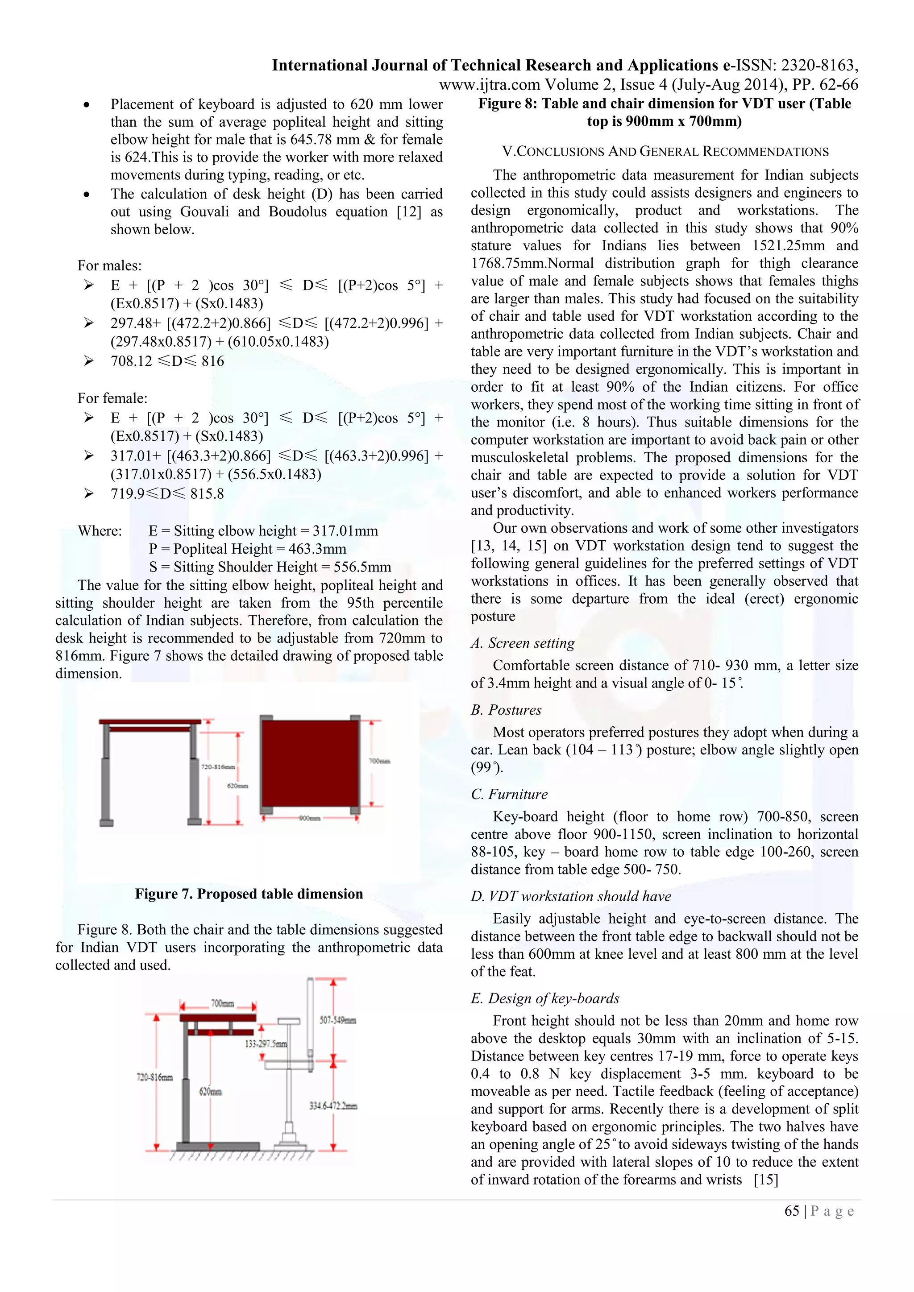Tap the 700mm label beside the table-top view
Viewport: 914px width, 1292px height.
(379, 761)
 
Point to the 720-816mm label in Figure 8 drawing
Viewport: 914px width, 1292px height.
(155, 1077)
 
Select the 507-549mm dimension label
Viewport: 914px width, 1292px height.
(338, 1020)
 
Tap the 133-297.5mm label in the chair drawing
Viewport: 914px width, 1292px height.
(266, 1044)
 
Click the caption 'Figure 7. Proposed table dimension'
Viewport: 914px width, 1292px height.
(249, 894)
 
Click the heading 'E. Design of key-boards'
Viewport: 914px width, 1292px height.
(545, 998)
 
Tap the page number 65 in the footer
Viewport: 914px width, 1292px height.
(792, 1211)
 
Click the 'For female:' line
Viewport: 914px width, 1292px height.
(112, 398)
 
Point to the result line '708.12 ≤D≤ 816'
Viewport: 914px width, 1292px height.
(167, 361)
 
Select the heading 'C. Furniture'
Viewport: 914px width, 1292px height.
(509, 794)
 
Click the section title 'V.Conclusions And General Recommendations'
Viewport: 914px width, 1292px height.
(665, 151)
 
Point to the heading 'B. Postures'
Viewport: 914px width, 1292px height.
(506, 710)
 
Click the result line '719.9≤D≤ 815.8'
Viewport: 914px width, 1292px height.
(167, 494)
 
